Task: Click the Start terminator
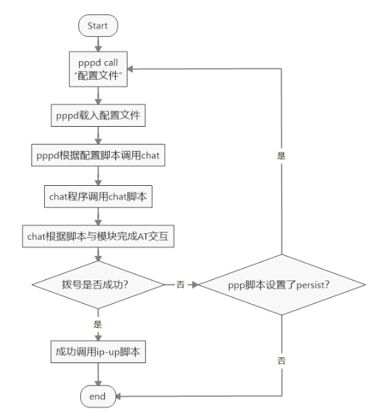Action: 97,26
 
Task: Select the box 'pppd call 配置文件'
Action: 97,68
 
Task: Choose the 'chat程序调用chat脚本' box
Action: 97,195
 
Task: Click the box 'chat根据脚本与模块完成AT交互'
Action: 97,236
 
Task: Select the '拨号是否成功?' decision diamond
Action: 97,285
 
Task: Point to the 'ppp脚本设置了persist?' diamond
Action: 282,285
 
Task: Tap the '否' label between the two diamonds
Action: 180,285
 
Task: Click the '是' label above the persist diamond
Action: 282,156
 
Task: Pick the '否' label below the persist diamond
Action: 282,360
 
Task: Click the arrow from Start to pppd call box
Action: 97,43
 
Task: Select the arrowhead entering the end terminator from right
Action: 122,395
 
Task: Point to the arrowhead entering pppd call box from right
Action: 128,68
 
